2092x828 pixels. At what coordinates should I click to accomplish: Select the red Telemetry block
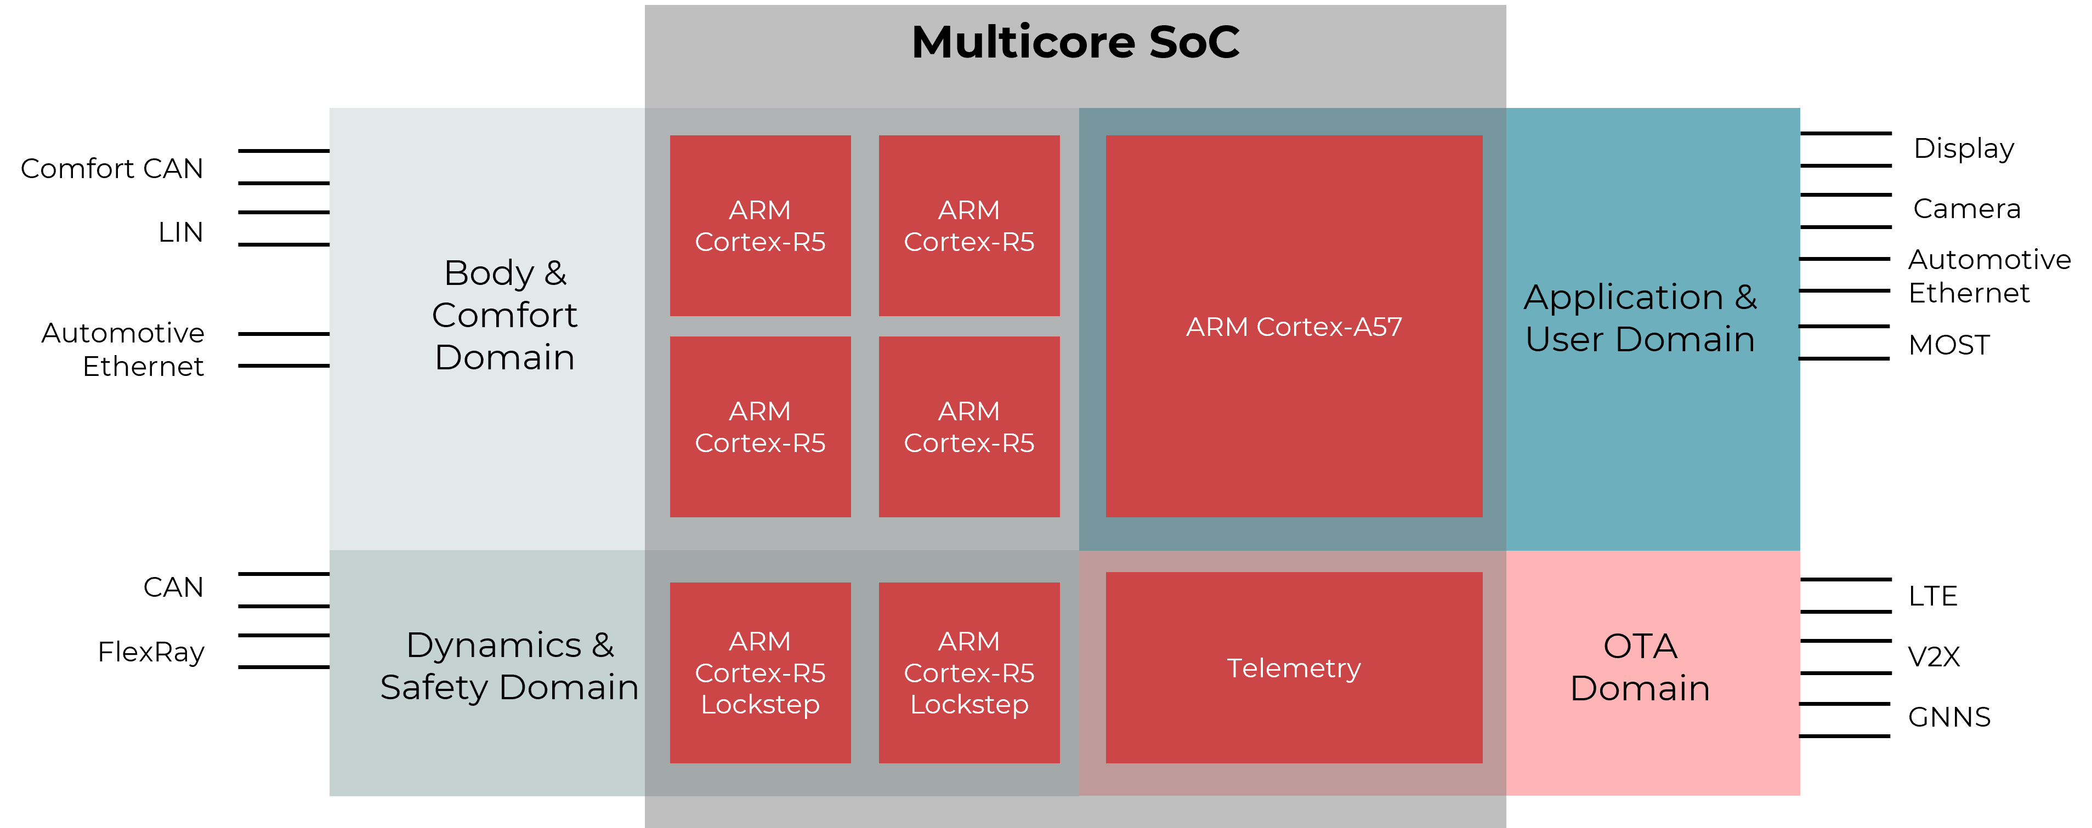[1294, 667]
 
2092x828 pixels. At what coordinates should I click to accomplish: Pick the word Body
[489, 273]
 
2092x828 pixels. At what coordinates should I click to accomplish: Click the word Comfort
[504, 315]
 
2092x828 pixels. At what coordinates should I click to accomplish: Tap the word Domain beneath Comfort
[504, 357]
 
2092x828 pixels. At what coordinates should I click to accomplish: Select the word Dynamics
[494, 646]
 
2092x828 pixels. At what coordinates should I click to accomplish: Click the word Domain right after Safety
[569, 688]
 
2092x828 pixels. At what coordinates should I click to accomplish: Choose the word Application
[1623, 297]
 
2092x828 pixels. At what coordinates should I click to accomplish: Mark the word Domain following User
[1685, 339]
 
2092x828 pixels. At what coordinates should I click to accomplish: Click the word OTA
[1640, 646]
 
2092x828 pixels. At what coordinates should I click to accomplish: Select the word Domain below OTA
[1640, 688]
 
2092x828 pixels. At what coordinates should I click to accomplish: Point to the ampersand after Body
[555, 273]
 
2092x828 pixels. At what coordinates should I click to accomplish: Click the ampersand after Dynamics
[603, 646]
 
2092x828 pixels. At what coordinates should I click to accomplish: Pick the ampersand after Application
[1746, 297]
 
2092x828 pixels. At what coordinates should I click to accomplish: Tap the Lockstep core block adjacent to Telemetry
[969, 672]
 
